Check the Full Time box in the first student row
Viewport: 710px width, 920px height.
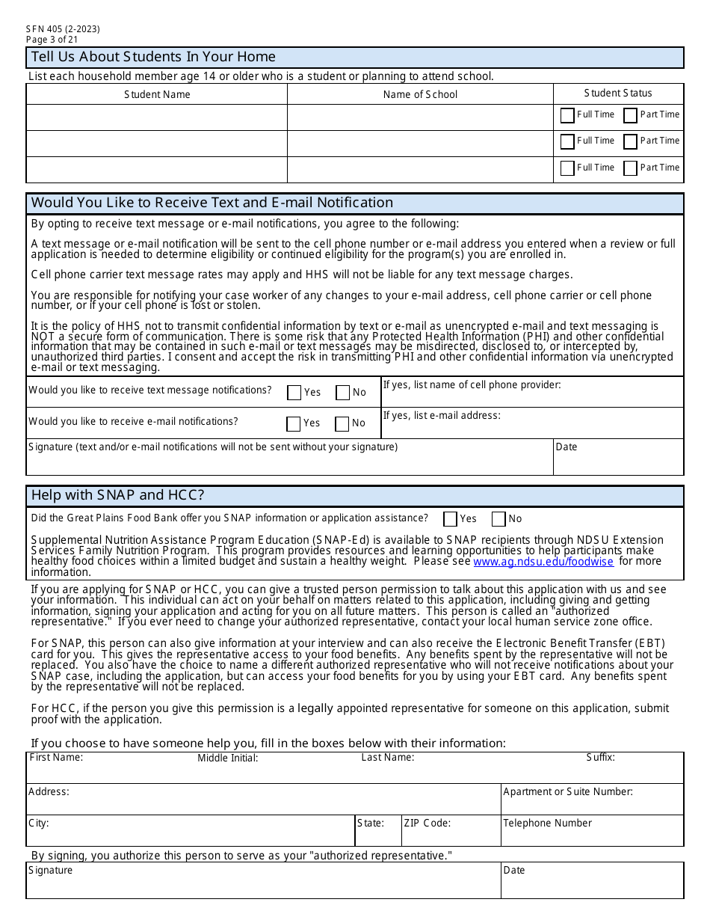567,115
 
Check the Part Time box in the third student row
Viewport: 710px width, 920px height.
630,168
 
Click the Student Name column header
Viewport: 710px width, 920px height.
157,94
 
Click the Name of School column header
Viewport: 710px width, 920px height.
420,94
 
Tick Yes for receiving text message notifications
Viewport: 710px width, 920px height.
294,393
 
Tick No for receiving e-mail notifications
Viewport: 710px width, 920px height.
342,424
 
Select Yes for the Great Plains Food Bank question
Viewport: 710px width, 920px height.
450,519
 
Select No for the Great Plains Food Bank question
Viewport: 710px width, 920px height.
498,519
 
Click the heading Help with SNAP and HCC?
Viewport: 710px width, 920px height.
117,495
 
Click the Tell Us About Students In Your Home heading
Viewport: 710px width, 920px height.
153,57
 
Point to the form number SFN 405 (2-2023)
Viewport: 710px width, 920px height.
63,29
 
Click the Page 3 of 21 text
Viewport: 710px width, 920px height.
52,40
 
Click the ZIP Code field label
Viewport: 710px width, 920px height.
427,823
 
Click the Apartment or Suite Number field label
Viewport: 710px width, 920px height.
568,791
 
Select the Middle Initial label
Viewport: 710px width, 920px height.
228,758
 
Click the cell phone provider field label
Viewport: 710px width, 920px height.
472,384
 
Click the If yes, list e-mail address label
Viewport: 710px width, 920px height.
442,415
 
